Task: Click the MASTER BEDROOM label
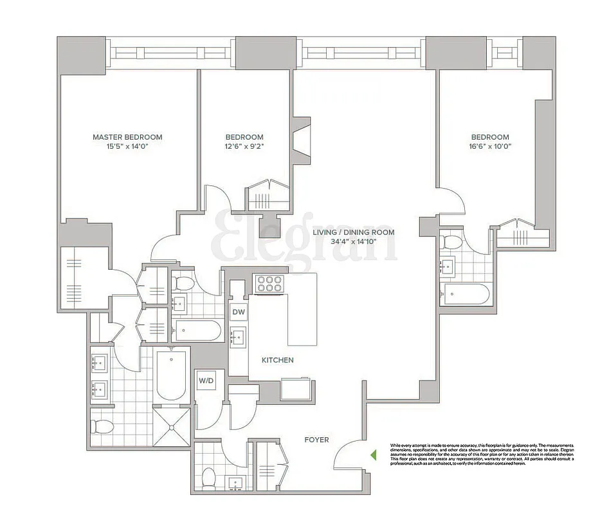[x=127, y=137]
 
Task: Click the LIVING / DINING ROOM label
[x=353, y=232]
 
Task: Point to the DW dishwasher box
[x=238, y=312]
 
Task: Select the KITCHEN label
[x=277, y=360]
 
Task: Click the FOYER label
[x=316, y=440]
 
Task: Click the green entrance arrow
[x=373, y=454]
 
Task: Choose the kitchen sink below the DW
[x=238, y=335]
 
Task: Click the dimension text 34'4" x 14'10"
[x=353, y=242]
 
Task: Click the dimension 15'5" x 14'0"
[x=127, y=147]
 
